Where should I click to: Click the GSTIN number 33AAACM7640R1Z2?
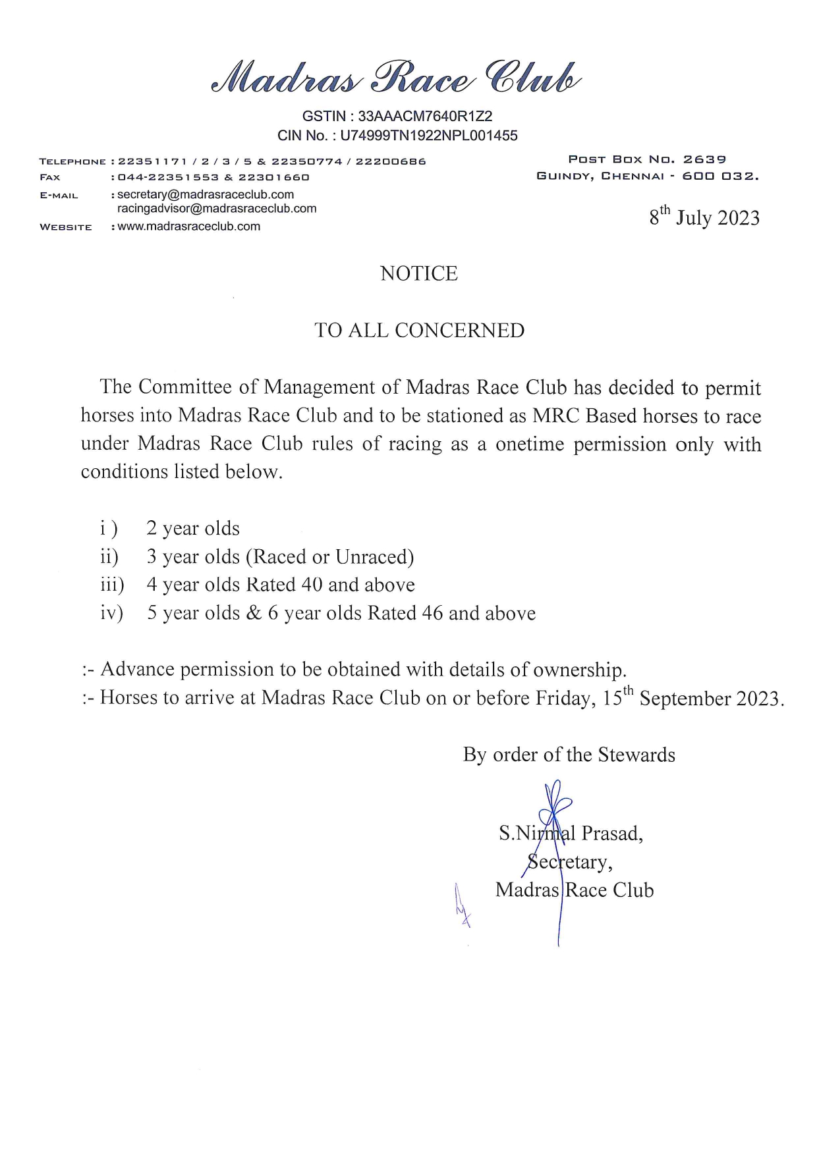(x=425, y=117)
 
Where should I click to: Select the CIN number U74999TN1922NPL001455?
(x=429, y=136)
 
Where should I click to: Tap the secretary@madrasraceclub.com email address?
(x=206, y=195)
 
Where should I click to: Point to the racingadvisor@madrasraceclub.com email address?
(x=217, y=209)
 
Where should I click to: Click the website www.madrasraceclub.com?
(x=188, y=227)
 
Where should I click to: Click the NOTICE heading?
(x=418, y=274)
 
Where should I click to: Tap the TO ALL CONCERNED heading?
(x=419, y=331)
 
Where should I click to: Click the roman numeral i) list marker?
(x=109, y=529)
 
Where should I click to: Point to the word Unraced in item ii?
(x=374, y=557)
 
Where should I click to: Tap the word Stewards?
(x=636, y=755)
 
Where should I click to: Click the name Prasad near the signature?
(x=611, y=834)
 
